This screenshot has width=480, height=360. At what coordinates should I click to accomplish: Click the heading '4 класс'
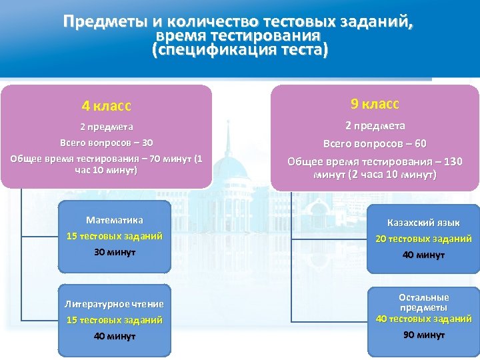click(107, 106)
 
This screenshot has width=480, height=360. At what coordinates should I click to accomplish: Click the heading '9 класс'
click(375, 103)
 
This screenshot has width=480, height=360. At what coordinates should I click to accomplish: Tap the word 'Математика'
click(115, 220)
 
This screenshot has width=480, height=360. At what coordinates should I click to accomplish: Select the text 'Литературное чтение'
click(114, 304)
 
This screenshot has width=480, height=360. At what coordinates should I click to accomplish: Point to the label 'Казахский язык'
click(423, 223)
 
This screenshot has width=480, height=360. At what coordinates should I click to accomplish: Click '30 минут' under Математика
click(115, 252)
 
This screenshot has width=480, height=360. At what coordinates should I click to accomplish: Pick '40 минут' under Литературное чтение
click(114, 336)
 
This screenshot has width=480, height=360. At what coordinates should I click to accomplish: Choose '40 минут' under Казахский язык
click(423, 255)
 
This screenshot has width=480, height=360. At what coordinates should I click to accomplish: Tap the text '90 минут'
click(423, 335)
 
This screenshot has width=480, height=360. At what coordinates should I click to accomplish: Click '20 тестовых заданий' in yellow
click(423, 239)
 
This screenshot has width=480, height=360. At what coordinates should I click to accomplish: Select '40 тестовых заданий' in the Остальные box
click(423, 319)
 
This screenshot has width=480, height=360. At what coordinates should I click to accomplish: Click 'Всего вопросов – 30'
click(107, 143)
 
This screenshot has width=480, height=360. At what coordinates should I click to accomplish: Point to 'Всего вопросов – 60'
click(375, 144)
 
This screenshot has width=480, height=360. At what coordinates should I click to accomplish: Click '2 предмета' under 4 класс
click(107, 127)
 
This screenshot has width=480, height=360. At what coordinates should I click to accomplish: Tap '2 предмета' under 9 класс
click(375, 125)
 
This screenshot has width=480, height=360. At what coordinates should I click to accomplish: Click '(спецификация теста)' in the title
click(240, 51)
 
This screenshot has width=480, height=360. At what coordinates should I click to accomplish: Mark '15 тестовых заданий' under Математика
click(115, 236)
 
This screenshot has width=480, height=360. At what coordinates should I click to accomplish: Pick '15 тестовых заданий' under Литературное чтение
click(114, 320)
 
